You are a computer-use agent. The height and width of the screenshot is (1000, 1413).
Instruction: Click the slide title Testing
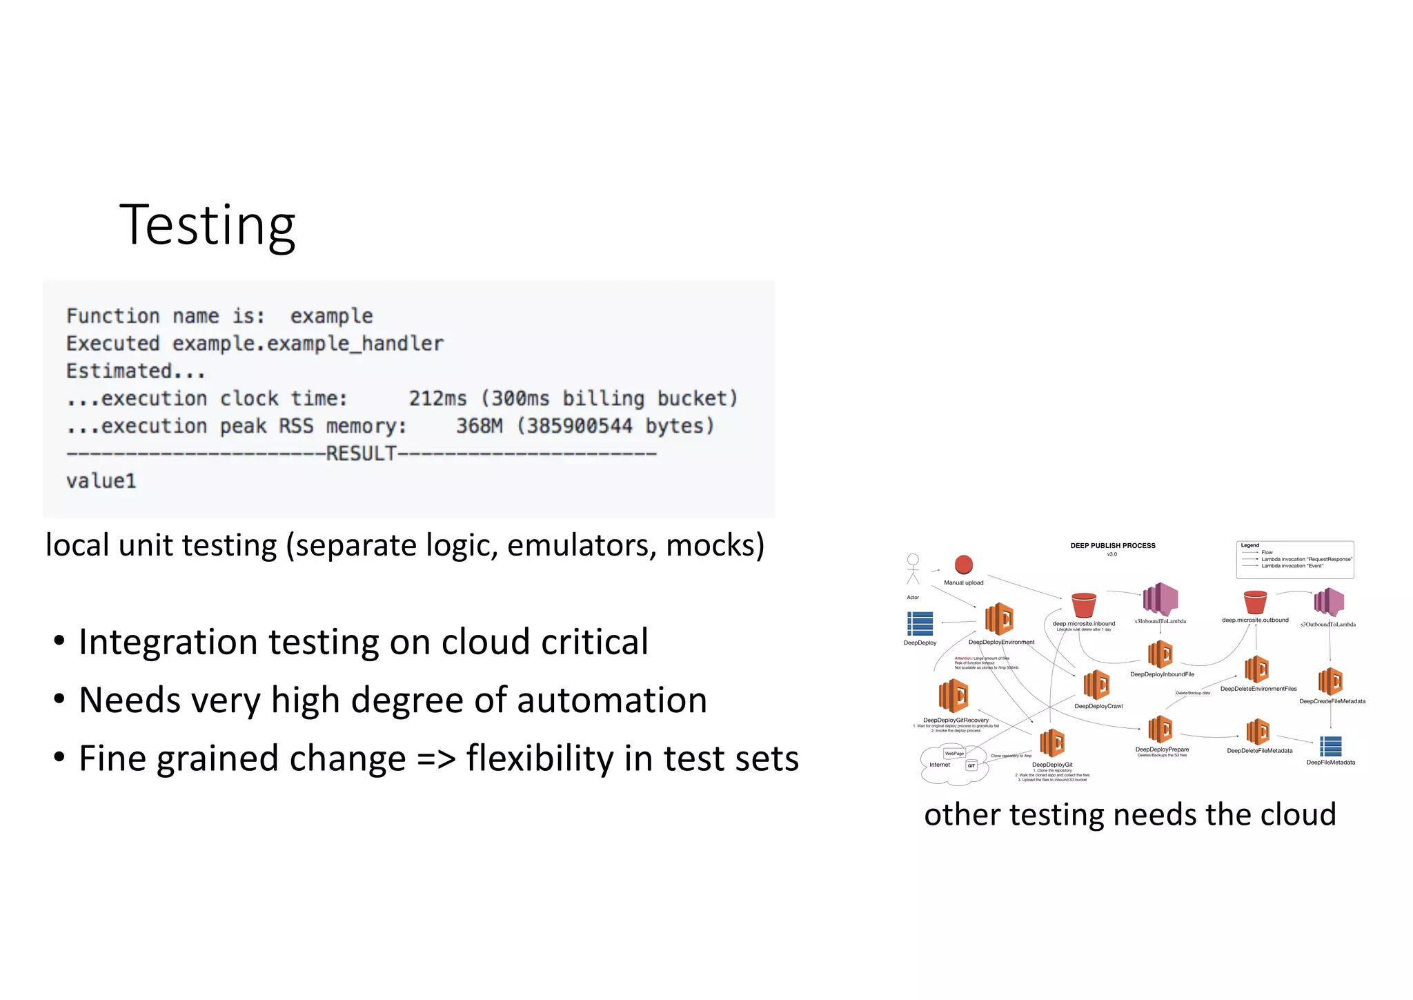click(207, 225)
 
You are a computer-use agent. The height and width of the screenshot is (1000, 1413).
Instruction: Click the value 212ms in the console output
click(437, 399)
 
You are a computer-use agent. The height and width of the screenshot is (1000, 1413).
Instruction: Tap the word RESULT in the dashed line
click(361, 454)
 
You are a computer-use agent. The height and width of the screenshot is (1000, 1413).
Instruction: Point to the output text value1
click(101, 481)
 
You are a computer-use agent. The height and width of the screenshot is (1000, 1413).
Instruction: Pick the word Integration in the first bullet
click(168, 642)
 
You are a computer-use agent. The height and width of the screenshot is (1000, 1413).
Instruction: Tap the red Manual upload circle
click(963, 565)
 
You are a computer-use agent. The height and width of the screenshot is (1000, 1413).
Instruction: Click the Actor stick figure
click(913, 569)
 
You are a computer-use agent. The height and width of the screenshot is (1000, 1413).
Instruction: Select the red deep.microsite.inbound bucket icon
click(1083, 605)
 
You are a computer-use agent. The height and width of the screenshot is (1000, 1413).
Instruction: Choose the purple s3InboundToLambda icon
click(1160, 599)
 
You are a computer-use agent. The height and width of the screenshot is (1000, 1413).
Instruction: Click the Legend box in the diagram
click(1295, 559)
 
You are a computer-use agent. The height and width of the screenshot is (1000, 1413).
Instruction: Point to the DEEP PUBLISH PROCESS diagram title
click(1112, 546)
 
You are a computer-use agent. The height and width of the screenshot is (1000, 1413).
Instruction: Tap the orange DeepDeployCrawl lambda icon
click(1096, 685)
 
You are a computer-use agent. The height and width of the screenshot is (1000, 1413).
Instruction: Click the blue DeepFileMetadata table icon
click(1330, 747)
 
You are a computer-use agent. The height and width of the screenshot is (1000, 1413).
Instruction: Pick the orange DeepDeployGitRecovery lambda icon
click(953, 696)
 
